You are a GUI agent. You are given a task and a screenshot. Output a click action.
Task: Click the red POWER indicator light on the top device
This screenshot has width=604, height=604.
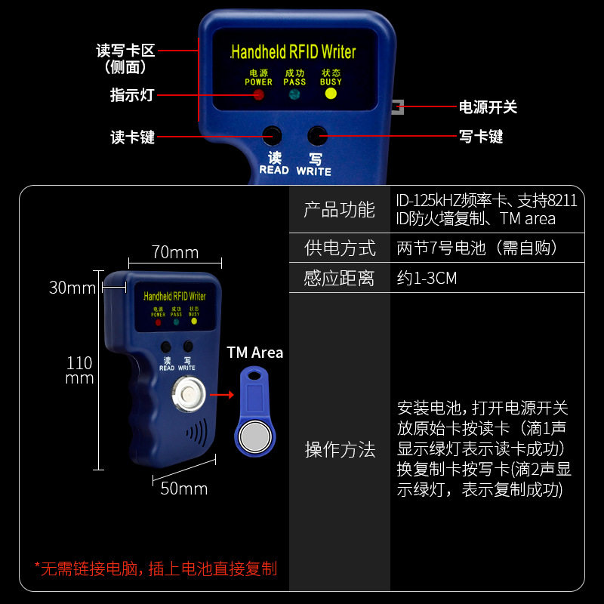coord(258,95)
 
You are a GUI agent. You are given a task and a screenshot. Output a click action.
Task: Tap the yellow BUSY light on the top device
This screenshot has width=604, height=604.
coord(330,94)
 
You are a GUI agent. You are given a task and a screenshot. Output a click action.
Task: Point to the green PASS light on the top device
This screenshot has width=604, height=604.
coord(294,94)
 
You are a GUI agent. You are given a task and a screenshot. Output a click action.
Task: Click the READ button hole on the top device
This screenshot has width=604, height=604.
coord(273,136)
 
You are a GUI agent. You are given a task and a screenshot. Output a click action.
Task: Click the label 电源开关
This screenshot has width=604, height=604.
coord(488,107)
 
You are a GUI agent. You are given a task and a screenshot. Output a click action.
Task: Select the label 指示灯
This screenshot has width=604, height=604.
coord(132,95)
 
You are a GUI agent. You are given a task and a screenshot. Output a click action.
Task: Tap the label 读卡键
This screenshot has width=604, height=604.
coord(132,137)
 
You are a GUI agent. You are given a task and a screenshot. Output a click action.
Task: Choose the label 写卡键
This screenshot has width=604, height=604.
coord(481,137)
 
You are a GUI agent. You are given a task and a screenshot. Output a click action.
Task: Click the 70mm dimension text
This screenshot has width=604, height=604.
coord(174,252)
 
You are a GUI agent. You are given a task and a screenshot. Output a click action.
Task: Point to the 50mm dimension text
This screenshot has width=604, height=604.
coord(184,488)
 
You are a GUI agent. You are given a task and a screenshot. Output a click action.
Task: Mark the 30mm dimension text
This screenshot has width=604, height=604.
coord(72,288)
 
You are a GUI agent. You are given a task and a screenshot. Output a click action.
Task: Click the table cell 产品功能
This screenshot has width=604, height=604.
coord(339,210)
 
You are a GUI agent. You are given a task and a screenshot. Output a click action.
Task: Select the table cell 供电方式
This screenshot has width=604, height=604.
coord(339,248)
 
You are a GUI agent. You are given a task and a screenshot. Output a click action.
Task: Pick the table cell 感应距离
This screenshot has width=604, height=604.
coord(339,278)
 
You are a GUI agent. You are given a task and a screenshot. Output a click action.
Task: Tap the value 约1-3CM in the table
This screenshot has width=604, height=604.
coord(427,278)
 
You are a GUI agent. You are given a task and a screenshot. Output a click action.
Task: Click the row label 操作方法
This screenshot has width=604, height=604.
coord(339,450)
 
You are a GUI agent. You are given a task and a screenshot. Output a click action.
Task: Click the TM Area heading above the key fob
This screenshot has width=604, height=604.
coord(255,353)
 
